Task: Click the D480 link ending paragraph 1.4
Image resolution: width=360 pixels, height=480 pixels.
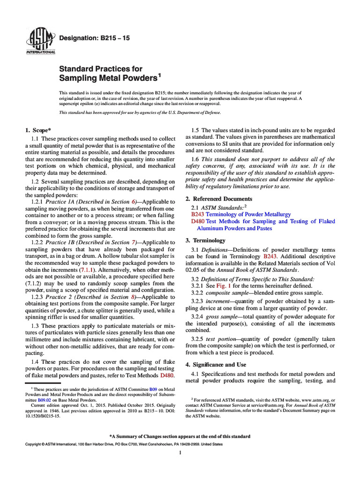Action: [x=167, y=375]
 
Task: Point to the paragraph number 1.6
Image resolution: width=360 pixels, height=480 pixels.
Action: [x=196, y=159]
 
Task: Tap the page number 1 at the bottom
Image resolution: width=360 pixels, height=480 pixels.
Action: [x=180, y=452]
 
